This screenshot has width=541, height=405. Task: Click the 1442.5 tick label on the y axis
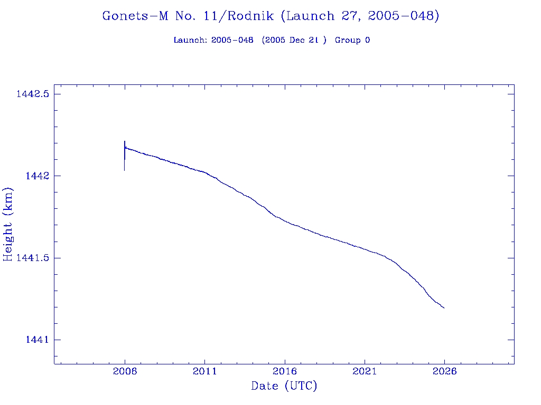(32, 94)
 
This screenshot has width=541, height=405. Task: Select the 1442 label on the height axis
(37, 176)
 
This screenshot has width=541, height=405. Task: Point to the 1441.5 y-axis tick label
(32, 258)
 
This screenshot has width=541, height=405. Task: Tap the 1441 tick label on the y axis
(37, 340)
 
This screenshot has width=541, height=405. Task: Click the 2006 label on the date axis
(125, 371)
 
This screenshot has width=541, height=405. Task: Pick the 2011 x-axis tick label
(204, 371)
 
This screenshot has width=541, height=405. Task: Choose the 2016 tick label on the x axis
(285, 371)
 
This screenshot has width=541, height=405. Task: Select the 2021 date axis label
(365, 371)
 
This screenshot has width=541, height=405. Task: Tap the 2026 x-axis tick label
(444, 371)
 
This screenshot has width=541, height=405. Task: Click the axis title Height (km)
(8, 224)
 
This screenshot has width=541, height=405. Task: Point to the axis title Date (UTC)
(284, 387)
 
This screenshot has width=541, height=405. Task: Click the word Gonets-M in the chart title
(135, 16)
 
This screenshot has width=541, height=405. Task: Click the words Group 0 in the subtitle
(352, 40)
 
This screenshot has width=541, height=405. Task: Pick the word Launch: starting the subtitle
(190, 40)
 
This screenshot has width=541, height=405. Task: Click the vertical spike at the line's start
(125, 156)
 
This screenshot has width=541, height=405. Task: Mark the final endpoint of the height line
(444, 308)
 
